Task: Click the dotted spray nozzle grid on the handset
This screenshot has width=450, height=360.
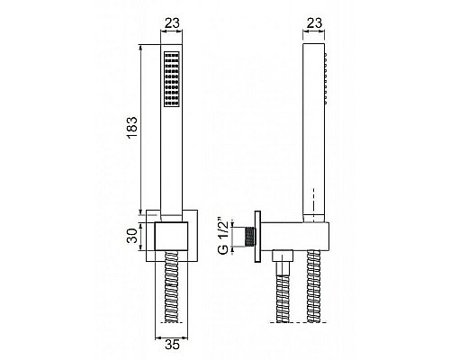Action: [x=170, y=79]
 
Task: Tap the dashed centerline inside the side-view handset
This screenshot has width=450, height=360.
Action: [x=313, y=202]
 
